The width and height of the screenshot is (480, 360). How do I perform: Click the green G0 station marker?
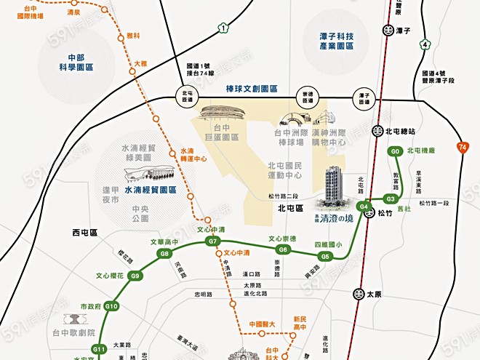click(x=395, y=151)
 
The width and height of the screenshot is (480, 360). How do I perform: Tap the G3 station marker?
click(x=391, y=199)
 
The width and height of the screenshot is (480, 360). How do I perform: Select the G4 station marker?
click(x=364, y=207)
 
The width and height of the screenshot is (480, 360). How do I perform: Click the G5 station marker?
click(x=325, y=256)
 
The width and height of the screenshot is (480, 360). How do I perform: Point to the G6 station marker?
click(x=284, y=249)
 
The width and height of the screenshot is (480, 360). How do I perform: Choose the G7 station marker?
click(x=213, y=241)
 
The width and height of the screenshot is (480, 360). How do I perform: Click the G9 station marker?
click(x=135, y=276)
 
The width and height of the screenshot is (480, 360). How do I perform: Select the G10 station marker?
click(x=111, y=306)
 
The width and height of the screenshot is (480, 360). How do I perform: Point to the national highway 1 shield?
click(x=223, y=28)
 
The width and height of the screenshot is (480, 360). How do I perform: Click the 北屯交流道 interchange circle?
click(x=187, y=94)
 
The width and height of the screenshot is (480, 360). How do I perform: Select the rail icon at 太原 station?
click(x=359, y=294)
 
